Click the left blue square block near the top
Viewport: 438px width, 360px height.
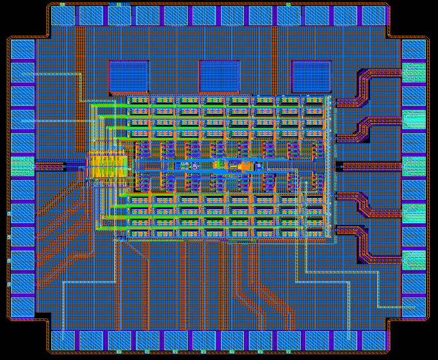tap(129, 76)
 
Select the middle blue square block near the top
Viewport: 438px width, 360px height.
tap(220, 76)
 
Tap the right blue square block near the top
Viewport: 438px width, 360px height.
tap(311, 76)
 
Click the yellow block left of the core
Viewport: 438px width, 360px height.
tap(107, 166)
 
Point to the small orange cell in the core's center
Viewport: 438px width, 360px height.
tap(243, 167)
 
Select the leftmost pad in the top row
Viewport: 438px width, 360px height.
tap(63, 15)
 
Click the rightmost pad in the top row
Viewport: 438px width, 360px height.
tap(374, 15)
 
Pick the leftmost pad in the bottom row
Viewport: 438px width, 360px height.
tap(63, 340)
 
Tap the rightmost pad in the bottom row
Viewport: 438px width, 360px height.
tap(374, 340)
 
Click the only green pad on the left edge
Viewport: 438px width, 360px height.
tap(22, 167)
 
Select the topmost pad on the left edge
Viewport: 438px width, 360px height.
tap(22, 49)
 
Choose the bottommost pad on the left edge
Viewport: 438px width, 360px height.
tap(22, 307)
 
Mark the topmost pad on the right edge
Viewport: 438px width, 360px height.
tap(414, 49)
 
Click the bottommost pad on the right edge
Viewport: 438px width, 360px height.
tap(414, 307)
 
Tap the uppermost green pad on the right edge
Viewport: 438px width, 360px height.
tap(414, 72)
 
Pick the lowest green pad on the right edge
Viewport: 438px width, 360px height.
tap(414, 259)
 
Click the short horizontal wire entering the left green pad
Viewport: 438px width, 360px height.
tap(50, 167)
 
